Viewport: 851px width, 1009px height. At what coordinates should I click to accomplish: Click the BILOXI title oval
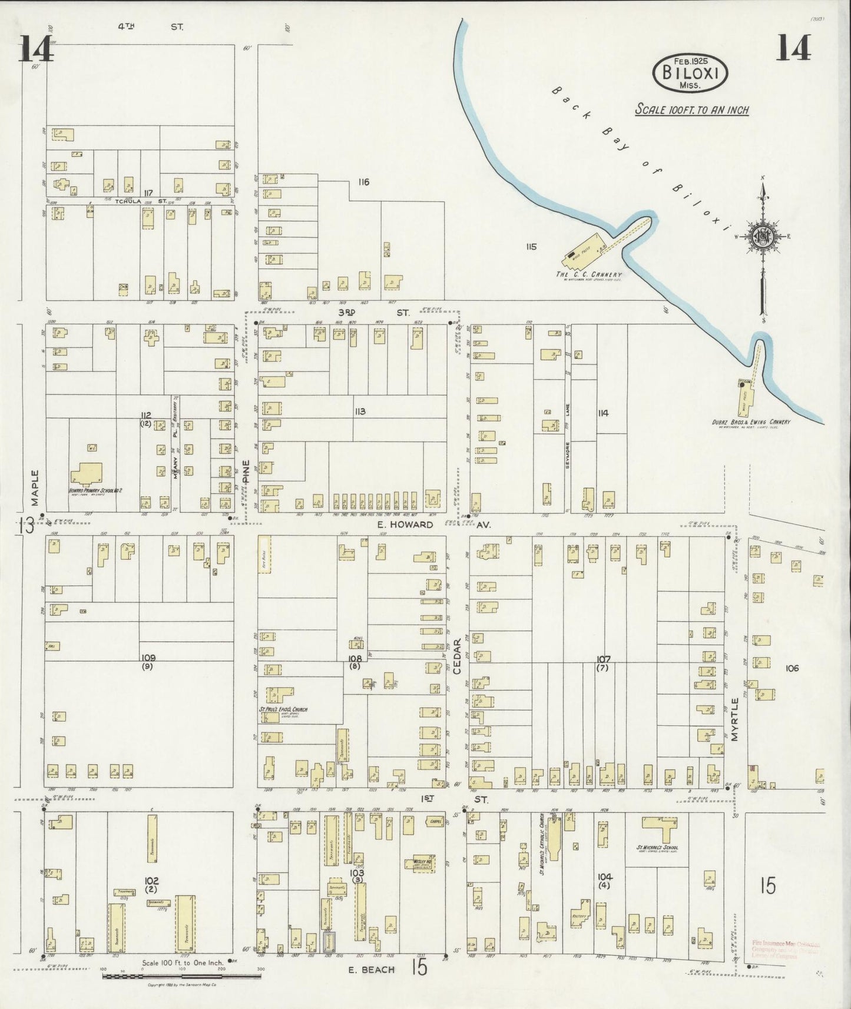(x=690, y=74)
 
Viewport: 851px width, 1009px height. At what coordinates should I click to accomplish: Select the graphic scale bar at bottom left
(x=181, y=976)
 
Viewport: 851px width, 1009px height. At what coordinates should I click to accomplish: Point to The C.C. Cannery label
(x=588, y=274)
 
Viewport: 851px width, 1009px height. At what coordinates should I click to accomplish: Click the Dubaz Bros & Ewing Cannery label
(x=750, y=421)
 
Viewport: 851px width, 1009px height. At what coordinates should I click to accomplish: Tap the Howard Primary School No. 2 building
(x=87, y=474)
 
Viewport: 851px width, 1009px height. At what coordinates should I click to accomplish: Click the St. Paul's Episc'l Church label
(x=283, y=709)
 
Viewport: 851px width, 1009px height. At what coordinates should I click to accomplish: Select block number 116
(x=363, y=182)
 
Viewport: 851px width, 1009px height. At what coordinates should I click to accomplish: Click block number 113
(x=360, y=411)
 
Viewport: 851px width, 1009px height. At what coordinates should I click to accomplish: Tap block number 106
(x=792, y=668)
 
